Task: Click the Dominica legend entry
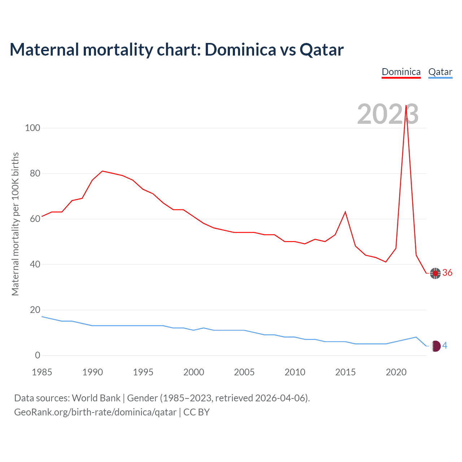click(x=401, y=72)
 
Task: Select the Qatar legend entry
click(x=440, y=72)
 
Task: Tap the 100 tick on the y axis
click(x=32, y=128)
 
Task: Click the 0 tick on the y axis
click(x=38, y=355)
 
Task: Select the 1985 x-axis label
click(x=42, y=372)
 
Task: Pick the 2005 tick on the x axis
click(x=244, y=372)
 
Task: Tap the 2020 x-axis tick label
click(x=396, y=372)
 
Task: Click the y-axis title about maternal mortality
click(x=15, y=224)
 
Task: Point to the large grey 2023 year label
click(x=388, y=114)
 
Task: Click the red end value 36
click(x=447, y=273)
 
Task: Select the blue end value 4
click(x=445, y=346)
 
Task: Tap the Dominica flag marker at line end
click(x=435, y=273)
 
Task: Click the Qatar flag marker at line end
click(x=436, y=346)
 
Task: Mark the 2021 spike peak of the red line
click(x=406, y=106)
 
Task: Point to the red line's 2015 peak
click(x=345, y=212)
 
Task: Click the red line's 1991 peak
click(x=103, y=171)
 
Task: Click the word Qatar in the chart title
click(x=322, y=50)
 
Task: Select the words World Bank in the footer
click(x=96, y=398)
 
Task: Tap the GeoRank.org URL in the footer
click(x=95, y=412)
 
